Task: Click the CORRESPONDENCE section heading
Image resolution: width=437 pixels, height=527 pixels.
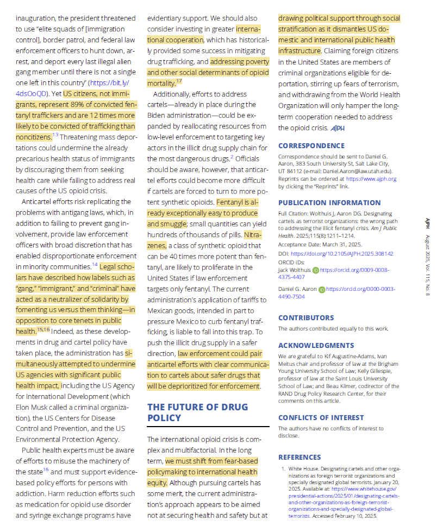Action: pos(311,146)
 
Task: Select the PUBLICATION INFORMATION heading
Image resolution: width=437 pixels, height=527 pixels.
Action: pos(329,203)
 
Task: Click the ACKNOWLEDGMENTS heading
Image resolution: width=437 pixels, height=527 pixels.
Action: pos(316,346)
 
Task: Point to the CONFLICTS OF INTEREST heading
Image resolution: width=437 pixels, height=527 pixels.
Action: pos(321,417)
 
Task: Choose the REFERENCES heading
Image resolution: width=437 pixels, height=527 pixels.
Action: pos(299,458)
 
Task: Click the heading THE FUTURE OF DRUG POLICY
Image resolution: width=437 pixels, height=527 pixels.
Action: pos(197,412)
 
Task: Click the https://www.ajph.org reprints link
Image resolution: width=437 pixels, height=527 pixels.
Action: pos(371,179)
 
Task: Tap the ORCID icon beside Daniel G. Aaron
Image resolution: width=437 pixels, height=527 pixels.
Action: pos(321,290)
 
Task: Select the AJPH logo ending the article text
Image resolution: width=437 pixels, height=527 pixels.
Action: pos(338,128)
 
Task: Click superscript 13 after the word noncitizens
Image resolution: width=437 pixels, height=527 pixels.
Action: pos(55,135)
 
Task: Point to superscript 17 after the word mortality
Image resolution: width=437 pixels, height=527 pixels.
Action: pos(179,81)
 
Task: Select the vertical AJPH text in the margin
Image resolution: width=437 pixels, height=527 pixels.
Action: pos(427,223)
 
